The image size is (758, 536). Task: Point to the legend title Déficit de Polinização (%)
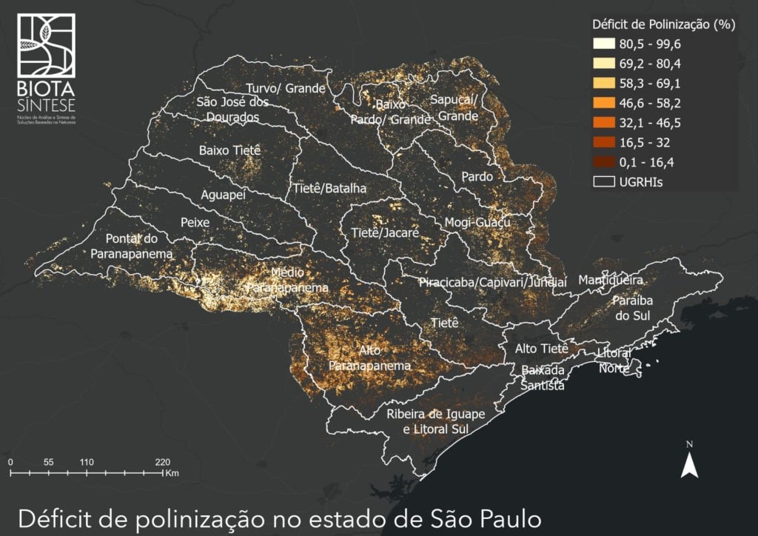tap(662, 24)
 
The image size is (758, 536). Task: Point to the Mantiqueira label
tap(610, 281)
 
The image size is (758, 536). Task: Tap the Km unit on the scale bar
tap(172, 472)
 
